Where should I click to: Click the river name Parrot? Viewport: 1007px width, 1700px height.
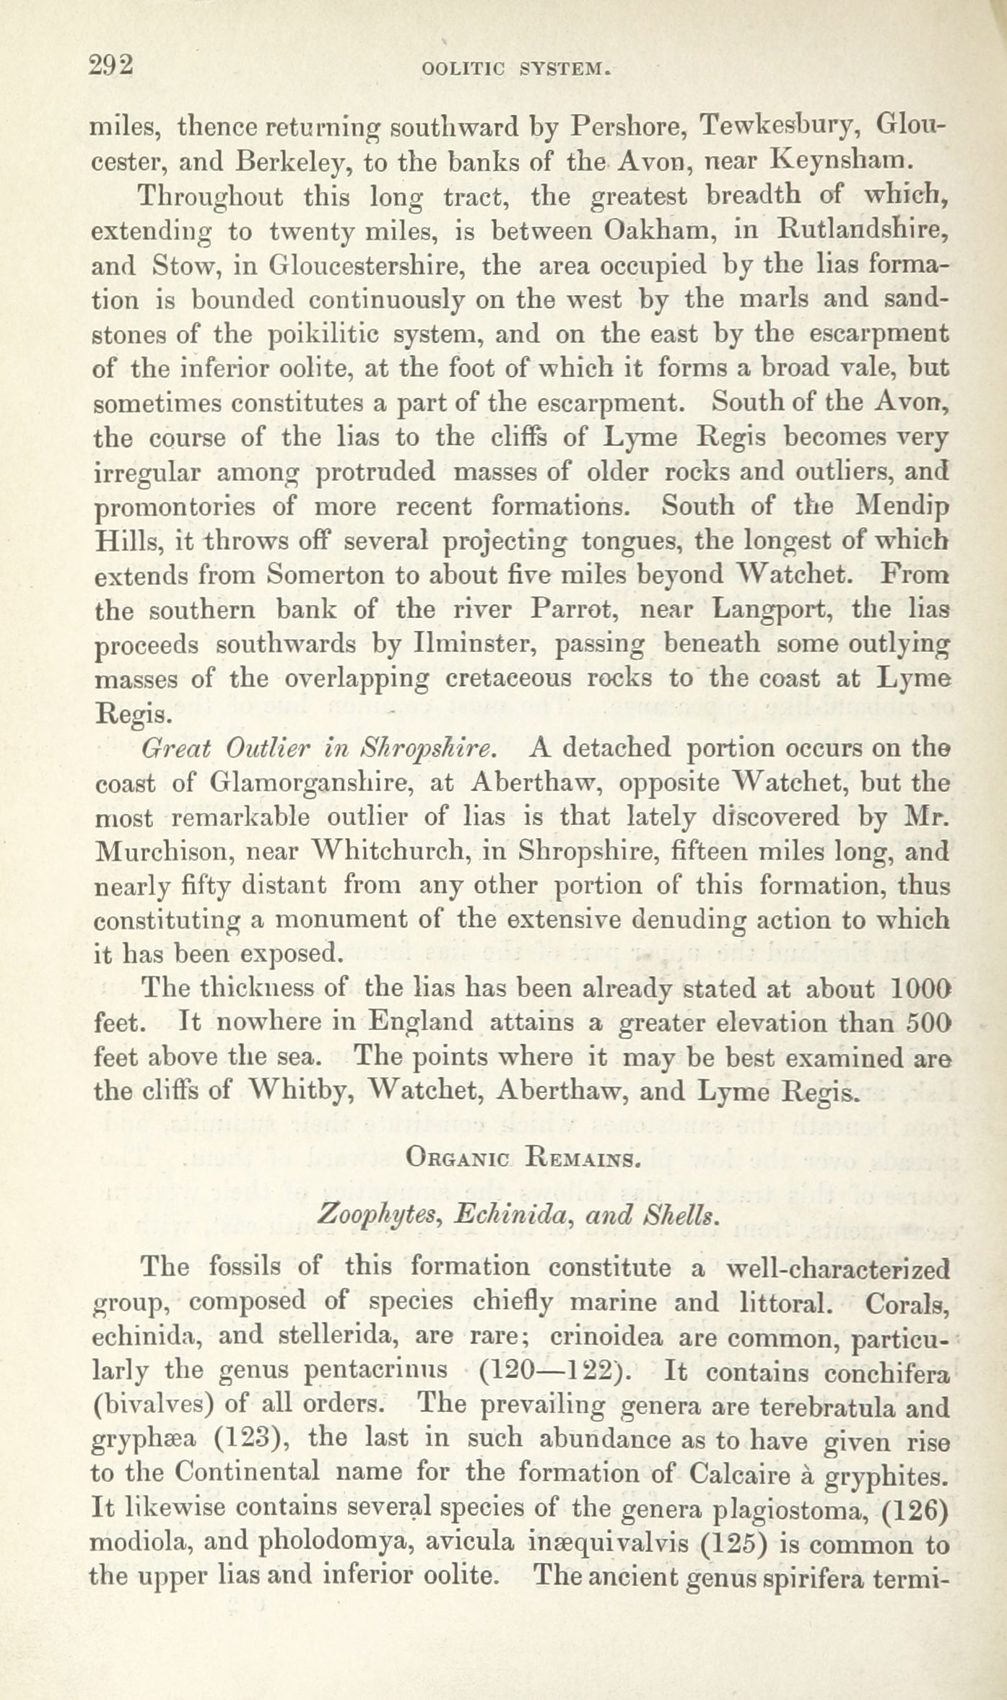click(564, 611)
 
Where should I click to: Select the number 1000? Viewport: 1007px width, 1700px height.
click(920, 988)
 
